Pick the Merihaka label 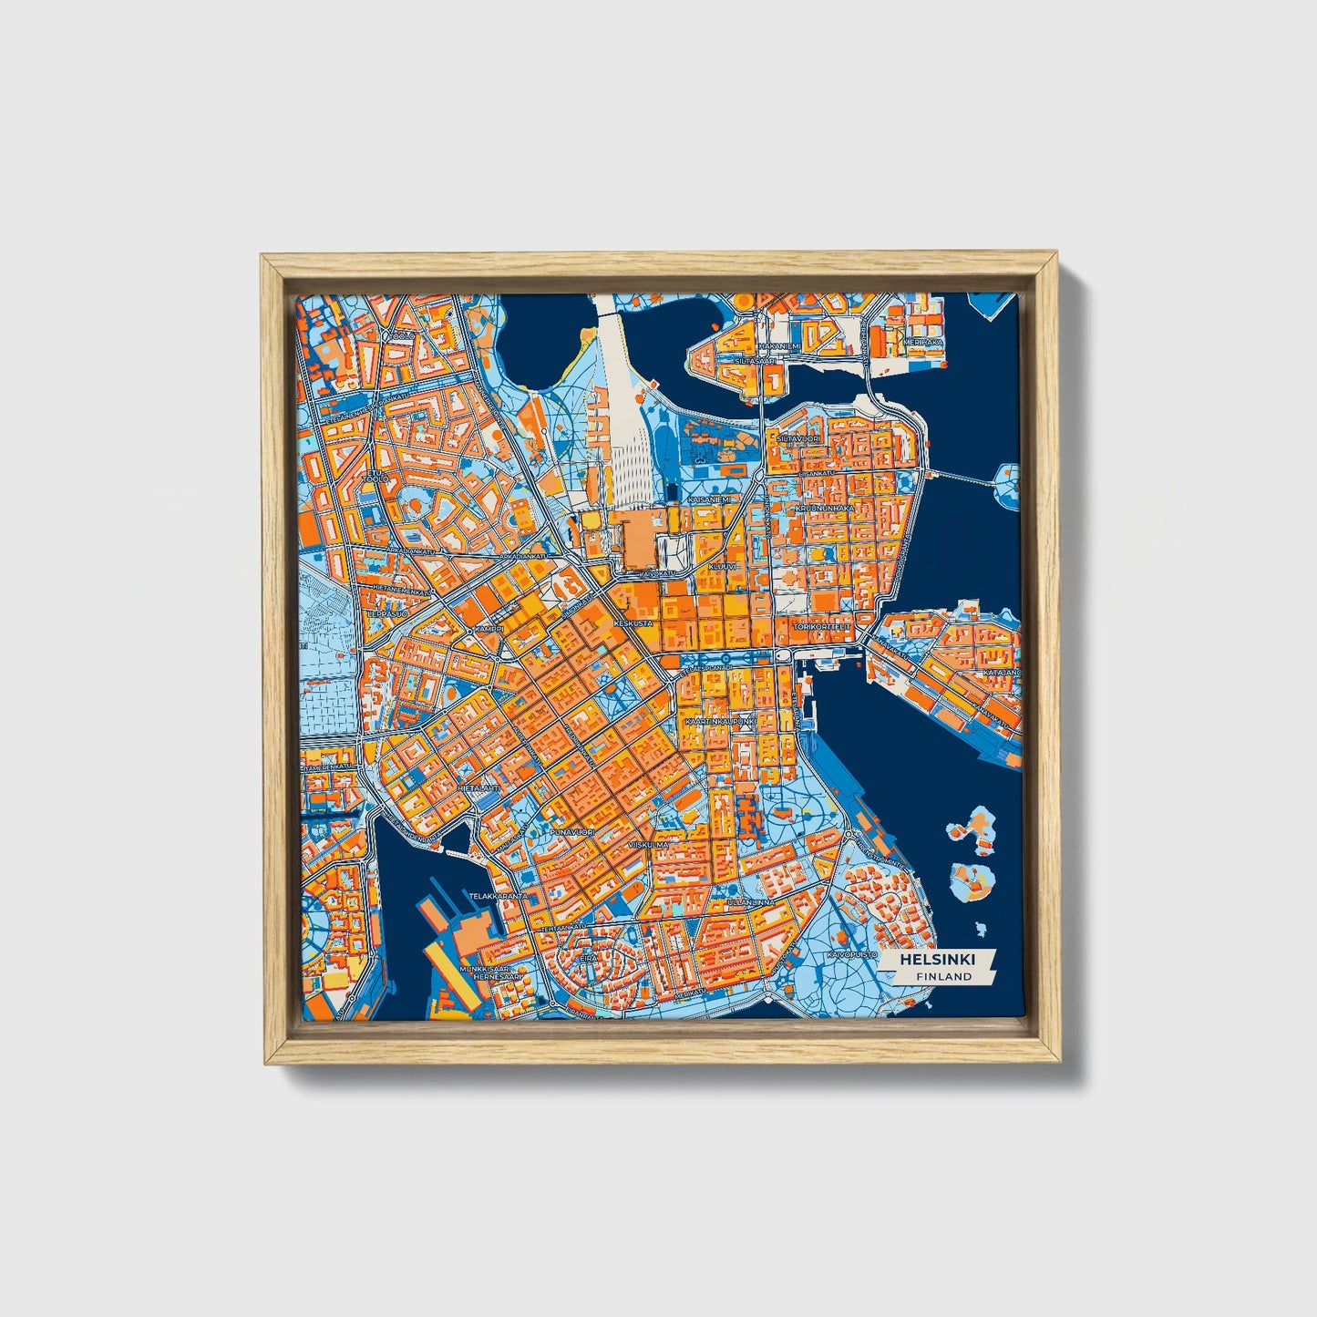922,342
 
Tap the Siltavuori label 798,438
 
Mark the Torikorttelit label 822,627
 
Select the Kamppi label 489,630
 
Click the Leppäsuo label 384,613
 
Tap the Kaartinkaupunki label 720,721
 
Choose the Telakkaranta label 498,896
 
